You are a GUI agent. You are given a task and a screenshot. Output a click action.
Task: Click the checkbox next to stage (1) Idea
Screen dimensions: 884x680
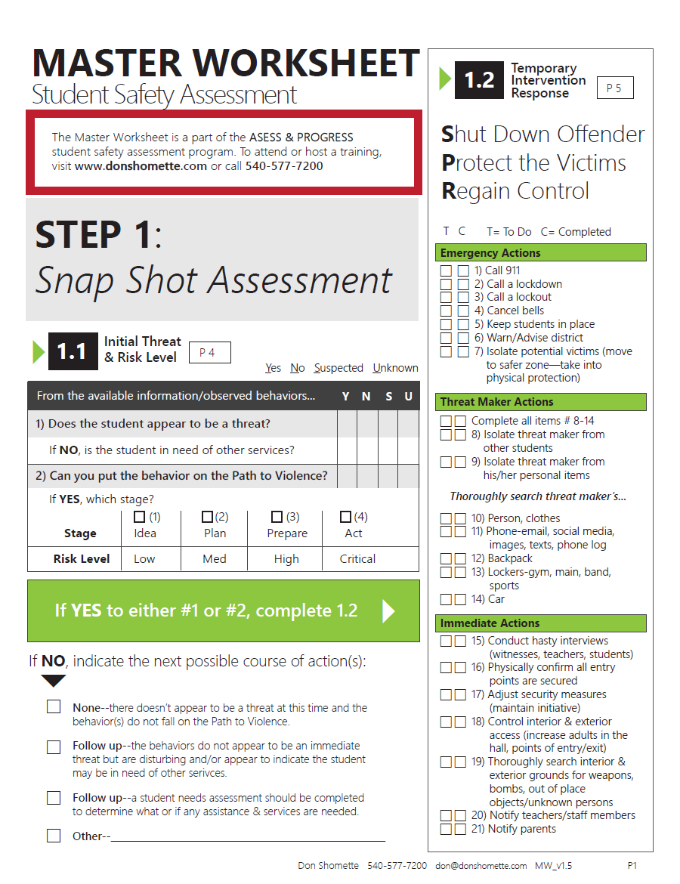pyautogui.click(x=139, y=517)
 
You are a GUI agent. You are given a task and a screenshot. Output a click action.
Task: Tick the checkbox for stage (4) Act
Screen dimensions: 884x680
pyautogui.click(x=345, y=517)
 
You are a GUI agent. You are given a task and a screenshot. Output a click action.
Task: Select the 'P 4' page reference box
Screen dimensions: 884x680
pyautogui.click(x=209, y=352)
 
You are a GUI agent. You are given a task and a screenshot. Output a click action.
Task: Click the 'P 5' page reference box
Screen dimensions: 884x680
pyautogui.click(x=614, y=88)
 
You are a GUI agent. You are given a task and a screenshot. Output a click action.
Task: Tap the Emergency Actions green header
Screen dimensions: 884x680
pyautogui.click(x=540, y=253)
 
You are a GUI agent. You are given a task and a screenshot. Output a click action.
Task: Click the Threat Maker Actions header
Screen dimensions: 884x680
pyautogui.click(x=540, y=402)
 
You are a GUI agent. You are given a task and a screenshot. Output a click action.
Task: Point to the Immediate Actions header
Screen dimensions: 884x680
pyautogui.click(x=540, y=623)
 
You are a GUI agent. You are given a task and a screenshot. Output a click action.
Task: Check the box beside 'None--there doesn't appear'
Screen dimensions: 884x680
pyautogui.click(x=54, y=707)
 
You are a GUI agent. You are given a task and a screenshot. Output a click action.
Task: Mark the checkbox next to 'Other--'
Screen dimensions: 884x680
pyautogui.click(x=54, y=836)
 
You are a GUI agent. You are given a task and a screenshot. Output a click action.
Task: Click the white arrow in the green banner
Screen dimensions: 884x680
pyautogui.click(x=388, y=610)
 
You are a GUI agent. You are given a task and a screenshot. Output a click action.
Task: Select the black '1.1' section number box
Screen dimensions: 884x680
pyautogui.click(x=73, y=351)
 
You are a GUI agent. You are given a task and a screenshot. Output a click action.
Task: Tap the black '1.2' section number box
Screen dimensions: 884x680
pyautogui.click(x=478, y=80)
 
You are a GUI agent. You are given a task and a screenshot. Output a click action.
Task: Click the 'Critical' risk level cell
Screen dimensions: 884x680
pyautogui.click(x=357, y=559)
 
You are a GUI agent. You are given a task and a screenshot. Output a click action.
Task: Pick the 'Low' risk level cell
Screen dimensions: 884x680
pyautogui.click(x=144, y=559)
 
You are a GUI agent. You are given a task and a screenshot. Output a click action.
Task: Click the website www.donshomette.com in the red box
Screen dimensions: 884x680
pyautogui.click(x=141, y=166)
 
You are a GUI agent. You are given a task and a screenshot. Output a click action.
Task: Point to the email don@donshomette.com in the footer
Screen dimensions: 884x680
pyautogui.click(x=481, y=866)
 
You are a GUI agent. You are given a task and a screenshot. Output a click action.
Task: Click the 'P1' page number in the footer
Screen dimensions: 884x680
pyautogui.click(x=634, y=866)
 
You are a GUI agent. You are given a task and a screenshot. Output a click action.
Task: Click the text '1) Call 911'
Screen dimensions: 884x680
pyautogui.click(x=497, y=270)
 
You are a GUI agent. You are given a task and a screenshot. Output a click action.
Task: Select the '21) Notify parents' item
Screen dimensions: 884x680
pyautogui.click(x=513, y=829)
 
